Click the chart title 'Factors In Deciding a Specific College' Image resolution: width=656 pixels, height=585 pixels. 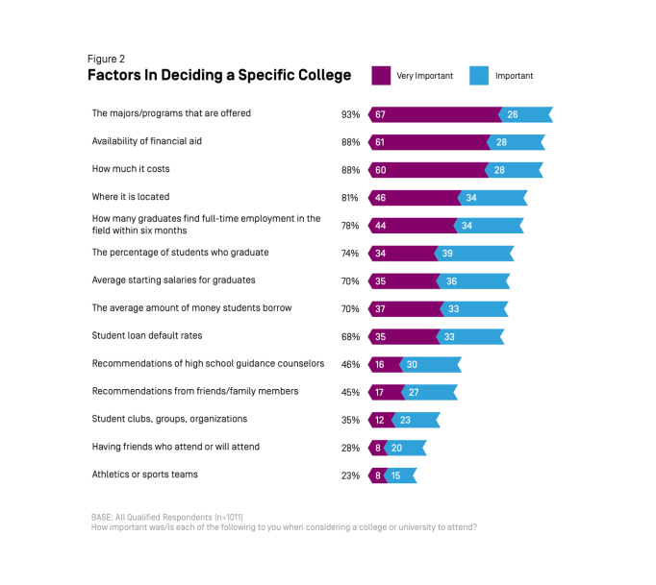[x=219, y=75]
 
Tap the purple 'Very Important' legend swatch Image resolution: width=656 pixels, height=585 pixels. [x=381, y=75]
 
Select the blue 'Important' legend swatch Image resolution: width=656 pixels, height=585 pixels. [x=479, y=75]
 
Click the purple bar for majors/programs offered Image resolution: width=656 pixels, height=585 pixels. [x=433, y=114]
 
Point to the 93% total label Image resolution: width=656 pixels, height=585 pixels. [x=350, y=114]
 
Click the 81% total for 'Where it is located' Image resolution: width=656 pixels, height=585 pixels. [x=350, y=198]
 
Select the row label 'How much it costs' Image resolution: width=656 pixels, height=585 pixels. [x=131, y=169]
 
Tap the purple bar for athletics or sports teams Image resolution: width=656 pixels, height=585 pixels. [x=376, y=475]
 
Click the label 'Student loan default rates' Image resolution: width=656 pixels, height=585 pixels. [x=146, y=336]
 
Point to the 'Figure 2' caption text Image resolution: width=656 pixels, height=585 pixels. [x=106, y=58]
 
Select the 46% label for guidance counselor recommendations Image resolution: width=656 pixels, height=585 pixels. [x=350, y=365]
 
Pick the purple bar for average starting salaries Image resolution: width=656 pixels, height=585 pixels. [x=402, y=281]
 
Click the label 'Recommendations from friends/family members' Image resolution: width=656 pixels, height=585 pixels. [x=195, y=391]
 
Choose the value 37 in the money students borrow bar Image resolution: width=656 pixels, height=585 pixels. [x=381, y=309]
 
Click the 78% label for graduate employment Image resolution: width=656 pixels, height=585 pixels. [x=350, y=226]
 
